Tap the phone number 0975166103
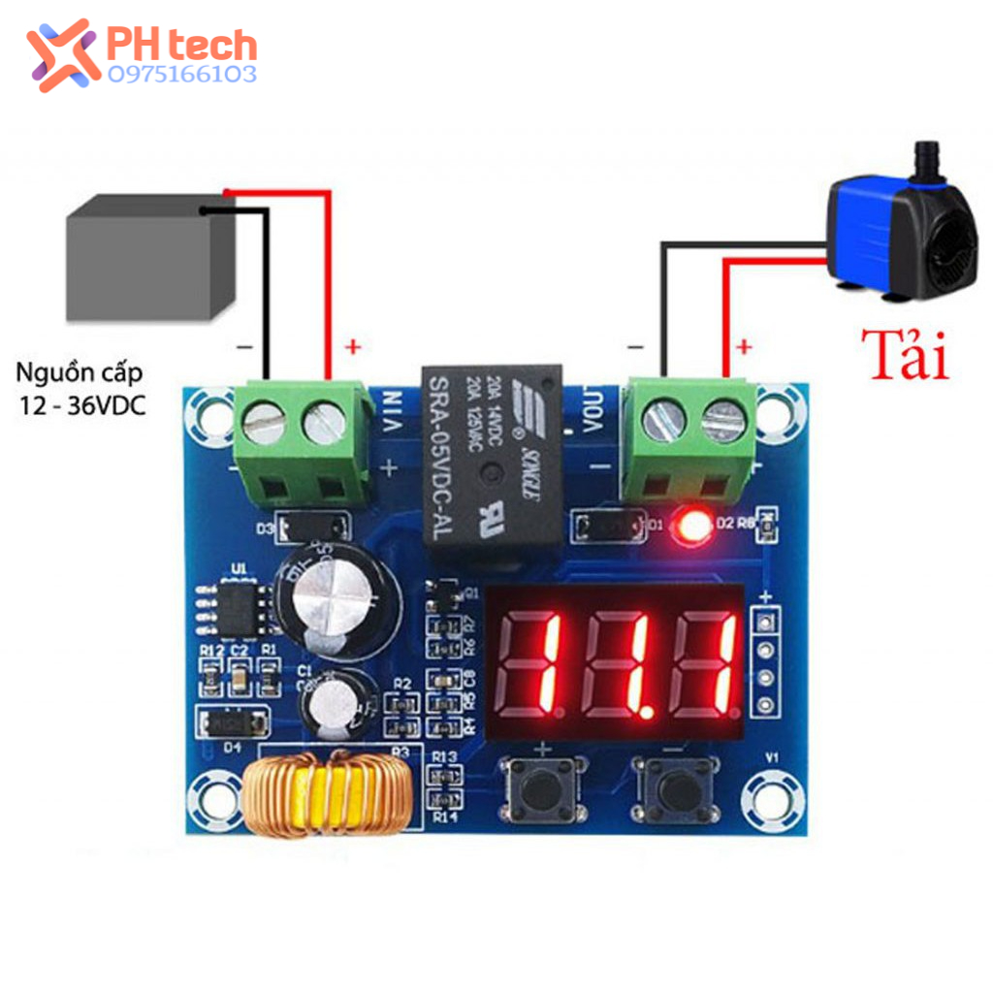[182, 75]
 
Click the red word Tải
[906, 355]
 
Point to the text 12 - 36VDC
[80, 406]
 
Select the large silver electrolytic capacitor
[336, 597]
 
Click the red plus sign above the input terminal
[352, 345]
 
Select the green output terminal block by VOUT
[689, 441]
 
